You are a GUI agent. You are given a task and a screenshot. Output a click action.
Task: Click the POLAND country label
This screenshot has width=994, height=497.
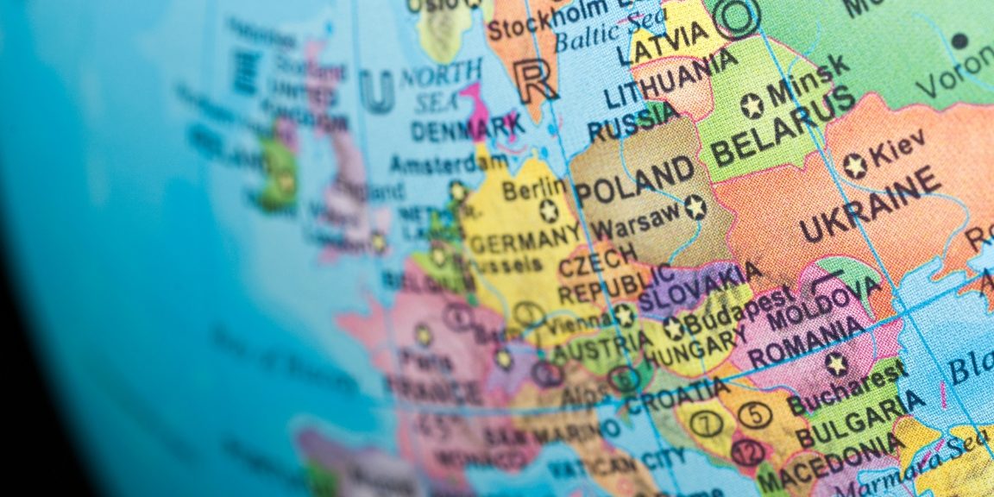[635, 182]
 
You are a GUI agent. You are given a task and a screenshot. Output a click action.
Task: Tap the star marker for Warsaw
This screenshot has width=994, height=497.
[695, 207]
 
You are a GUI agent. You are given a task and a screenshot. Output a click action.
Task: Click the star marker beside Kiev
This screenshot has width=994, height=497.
[855, 166]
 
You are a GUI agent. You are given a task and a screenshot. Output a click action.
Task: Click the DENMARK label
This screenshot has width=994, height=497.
[467, 129]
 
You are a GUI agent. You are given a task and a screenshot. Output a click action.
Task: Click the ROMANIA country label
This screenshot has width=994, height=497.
[806, 342]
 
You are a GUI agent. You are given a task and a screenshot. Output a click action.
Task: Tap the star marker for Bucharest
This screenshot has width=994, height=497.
[834, 363]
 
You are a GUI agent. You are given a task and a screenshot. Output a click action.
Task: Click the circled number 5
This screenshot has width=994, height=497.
[755, 415]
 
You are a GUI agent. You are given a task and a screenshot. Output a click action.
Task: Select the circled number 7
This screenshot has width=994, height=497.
[706, 424]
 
